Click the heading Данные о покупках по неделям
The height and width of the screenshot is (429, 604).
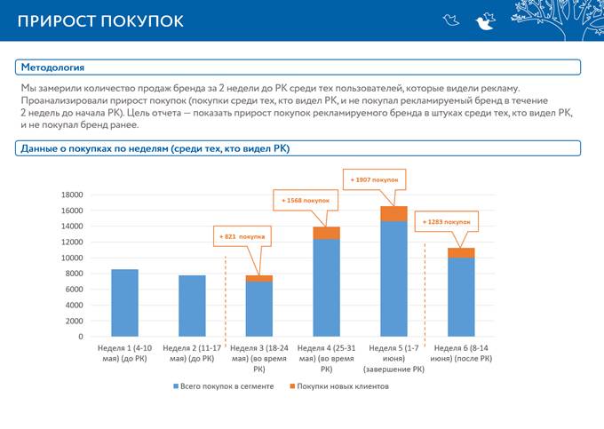click(x=155, y=148)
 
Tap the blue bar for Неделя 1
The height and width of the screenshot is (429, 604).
click(x=124, y=303)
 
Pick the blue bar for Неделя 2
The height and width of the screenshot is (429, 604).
click(x=192, y=306)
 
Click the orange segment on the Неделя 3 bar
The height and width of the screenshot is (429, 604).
click(x=258, y=278)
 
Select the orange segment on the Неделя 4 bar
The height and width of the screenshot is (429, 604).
click(x=326, y=233)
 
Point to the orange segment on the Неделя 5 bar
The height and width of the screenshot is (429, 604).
click(x=393, y=213)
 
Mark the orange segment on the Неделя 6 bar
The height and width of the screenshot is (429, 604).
click(x=460, y=252)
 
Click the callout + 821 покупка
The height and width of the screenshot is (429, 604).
click(x=242, y=237)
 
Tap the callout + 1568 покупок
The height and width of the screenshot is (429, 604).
click(x=305, y=201)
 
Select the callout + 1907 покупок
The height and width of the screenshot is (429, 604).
click(x=374, y=179)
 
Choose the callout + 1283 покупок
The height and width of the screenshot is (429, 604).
click(x=446, y=221)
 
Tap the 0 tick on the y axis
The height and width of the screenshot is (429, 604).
click(x=80, y=337)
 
